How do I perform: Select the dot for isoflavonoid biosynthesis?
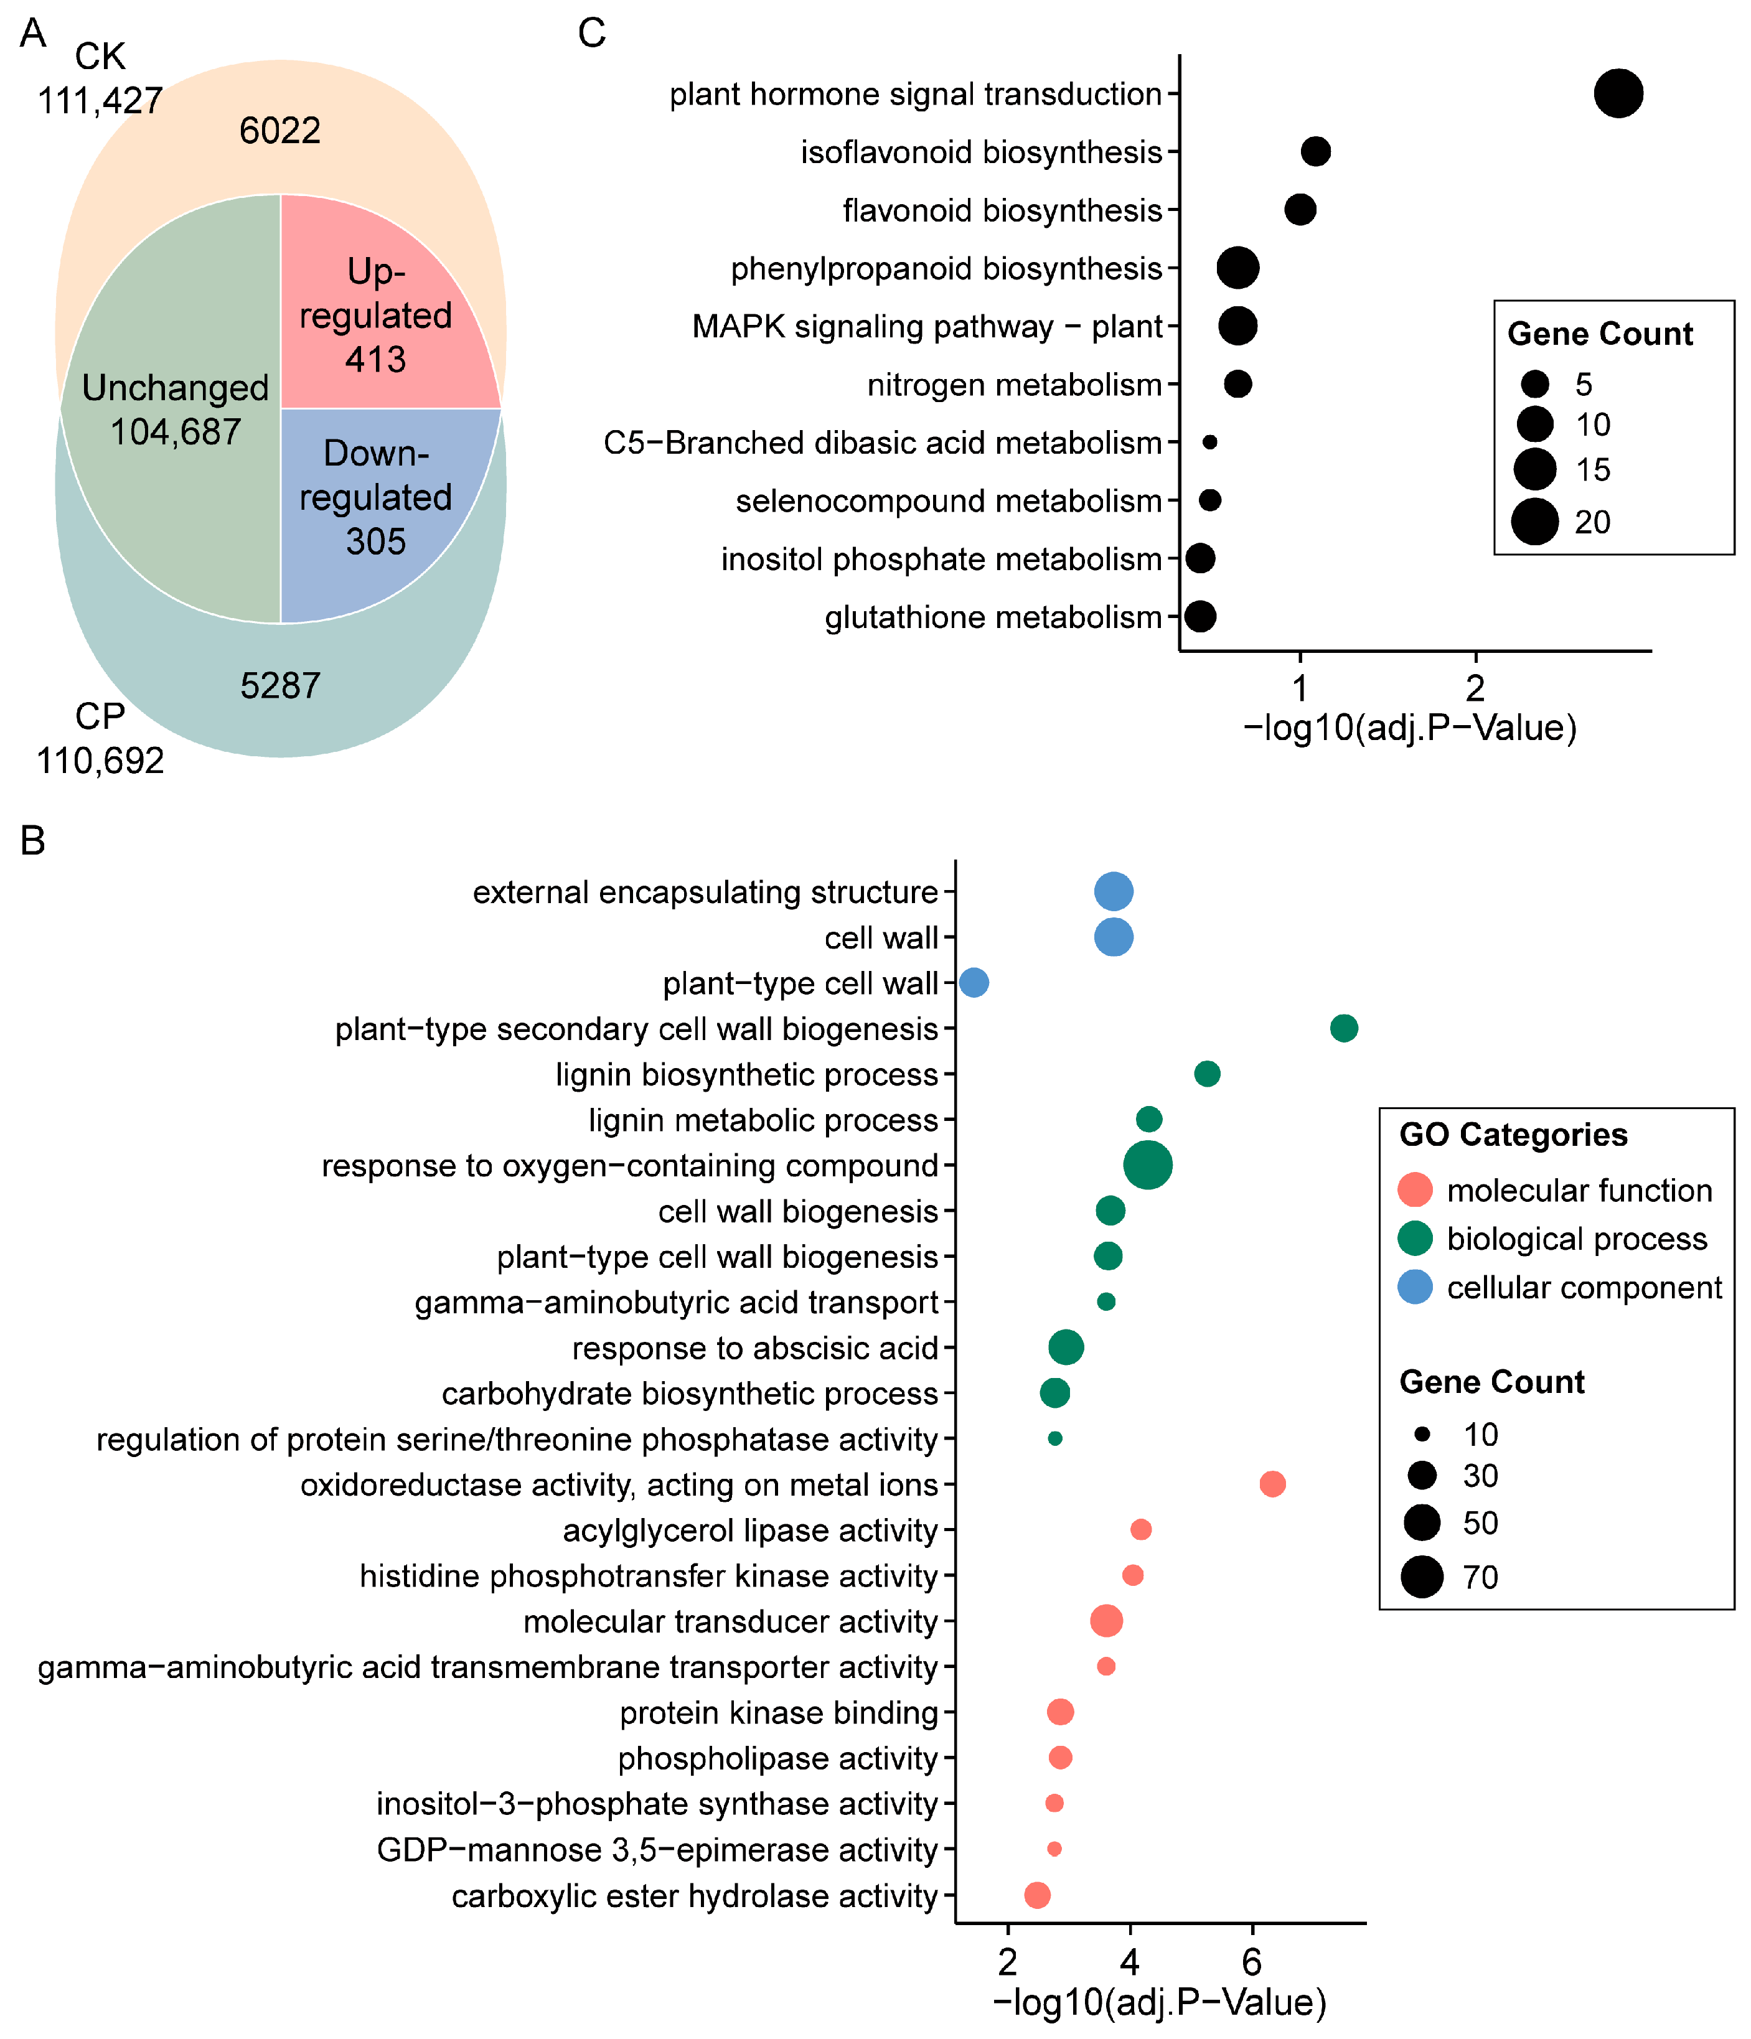[x=1315, y=151]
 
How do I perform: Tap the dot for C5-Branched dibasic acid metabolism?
[x=1209, y=443]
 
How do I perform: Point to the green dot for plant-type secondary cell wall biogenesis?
[x=1343, y=1028]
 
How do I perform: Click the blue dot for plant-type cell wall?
[x=974, y=982]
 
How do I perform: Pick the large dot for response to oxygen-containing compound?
[x=1148, y=1165]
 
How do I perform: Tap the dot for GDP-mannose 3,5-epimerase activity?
[x=1054, y=1849]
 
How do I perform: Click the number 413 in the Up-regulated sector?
[x=375, y=359]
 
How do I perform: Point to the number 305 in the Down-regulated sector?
[x=375, y=541]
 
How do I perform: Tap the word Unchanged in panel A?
[x=175, y=388]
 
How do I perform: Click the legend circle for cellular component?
[x=1414, y=1287]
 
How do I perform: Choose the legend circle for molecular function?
[x=1414, y=1190]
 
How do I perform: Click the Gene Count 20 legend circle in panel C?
[x=1534, y=522]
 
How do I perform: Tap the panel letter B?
[x=32, y=841]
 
